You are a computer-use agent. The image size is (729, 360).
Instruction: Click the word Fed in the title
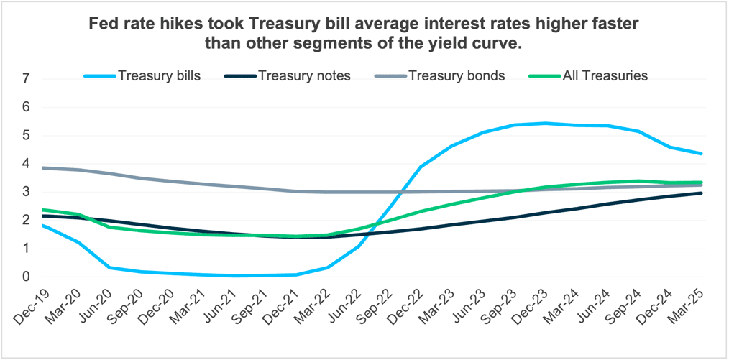102,24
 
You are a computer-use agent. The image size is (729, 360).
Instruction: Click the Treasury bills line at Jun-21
232,276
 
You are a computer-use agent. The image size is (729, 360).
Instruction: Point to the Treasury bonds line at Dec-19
43,167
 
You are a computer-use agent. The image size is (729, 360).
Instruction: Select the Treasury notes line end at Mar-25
702,193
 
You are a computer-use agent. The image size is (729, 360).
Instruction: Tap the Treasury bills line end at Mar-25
702,153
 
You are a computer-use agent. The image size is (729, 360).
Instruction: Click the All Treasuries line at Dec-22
420,211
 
